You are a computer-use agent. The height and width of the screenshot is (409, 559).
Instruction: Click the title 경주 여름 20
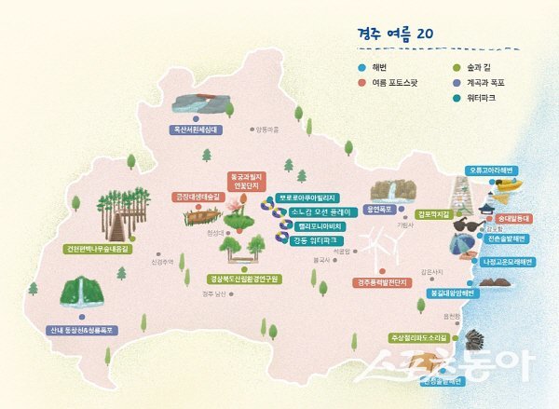coord(397,33)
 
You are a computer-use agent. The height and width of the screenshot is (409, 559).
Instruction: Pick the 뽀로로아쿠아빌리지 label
coord(307,198)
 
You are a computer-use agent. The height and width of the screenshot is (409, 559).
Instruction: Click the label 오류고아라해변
coord(493,170)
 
